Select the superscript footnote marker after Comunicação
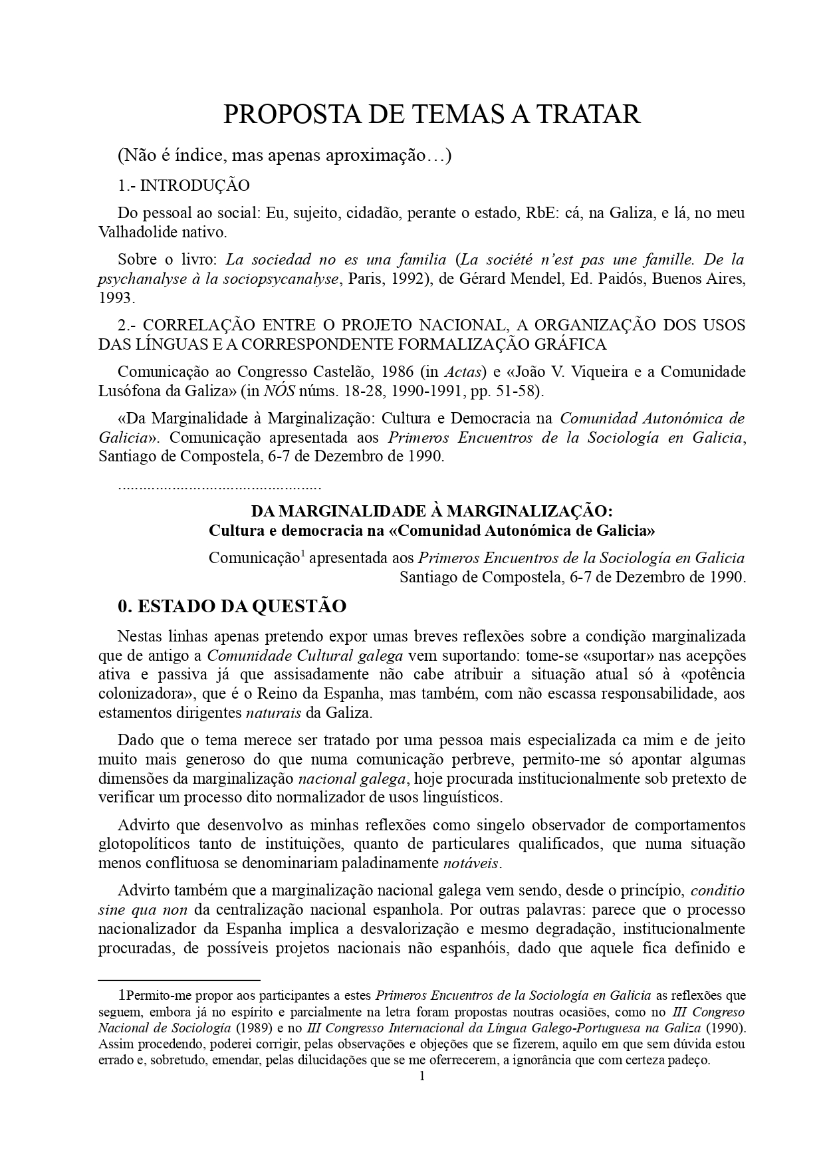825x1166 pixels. [x=302, y=552]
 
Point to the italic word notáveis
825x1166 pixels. [x=472, y=864]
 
